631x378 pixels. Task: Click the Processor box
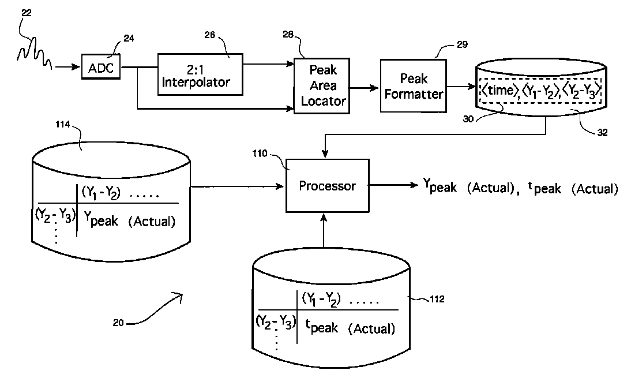[x=328, y=186]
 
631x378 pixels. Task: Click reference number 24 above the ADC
[x=129, y=39]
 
